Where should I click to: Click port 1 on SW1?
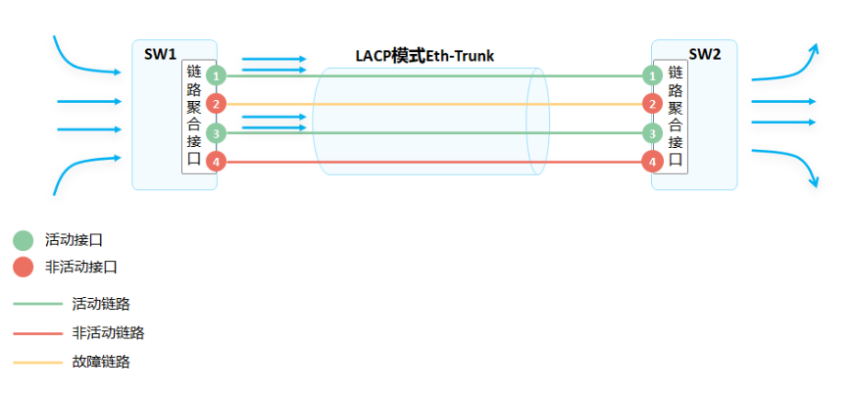pyautogui.click(x=217, y=74)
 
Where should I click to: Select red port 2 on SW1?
pyautogui.click(x=217, y=103)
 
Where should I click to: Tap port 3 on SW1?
pyautogui.click(x=217, y=132)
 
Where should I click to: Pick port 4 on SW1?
pyautogui.click(x=217, y=162)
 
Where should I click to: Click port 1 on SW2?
pyautogui.click(x=651, y=74)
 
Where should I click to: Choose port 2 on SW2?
pyautogui.click(x=651, y=103)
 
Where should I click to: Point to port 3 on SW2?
pyautogui.click(x=651, y=132)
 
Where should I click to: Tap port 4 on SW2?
pyautogui.click(x=651, y=162)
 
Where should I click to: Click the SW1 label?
pyautogui.click(x=160, y=53)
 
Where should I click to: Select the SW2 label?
pyautogui.click(x=704, y=54)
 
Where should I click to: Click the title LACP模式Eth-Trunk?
pyautogui.click(x=425, y=56)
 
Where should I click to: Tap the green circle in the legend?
pyautogui.click(x=23, y=240)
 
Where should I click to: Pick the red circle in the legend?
pyautogui.click(x=23, y=267)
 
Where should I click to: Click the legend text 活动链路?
pyautogui.click(x=101, y=304)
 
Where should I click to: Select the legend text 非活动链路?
pyautogui.click(x=108, y=332)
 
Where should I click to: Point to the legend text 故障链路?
pyautogui.click(x=101, y=362)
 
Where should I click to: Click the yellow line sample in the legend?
pyautogui.click(x=37, y=363)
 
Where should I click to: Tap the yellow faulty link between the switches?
pyautogui.click(x=431, y=103)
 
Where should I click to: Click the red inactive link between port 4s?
pyautogui.click(x=431, y=162)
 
